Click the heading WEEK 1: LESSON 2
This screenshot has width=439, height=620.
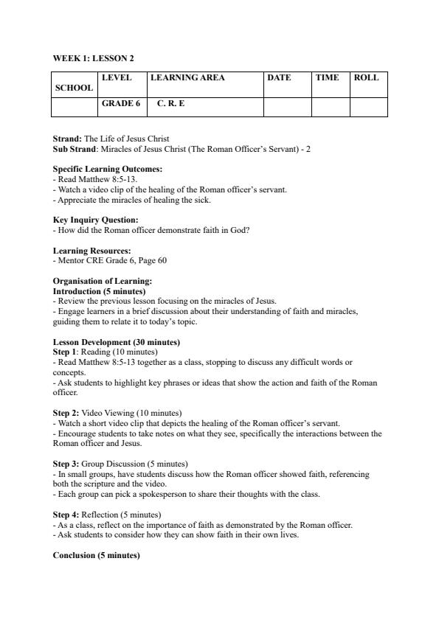pos(93,58)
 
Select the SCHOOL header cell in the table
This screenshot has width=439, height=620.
pos(74,88)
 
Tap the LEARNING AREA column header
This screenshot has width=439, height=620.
pos(187,78)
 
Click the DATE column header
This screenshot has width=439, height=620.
pos(279,78)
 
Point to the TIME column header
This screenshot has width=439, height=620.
pos(327,78)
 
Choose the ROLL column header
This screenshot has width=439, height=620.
pos(366,78)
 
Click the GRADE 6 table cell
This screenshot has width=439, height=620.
pos(121,104)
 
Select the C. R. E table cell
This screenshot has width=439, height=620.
pos(170,104)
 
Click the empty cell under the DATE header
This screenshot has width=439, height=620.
pos(287,108)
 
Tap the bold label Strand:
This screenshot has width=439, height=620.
pos(68,139)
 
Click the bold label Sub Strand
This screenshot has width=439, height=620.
pos(75,149)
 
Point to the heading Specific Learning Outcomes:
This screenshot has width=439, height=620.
pos(108,170)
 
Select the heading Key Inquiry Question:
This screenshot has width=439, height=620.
pos(95,220)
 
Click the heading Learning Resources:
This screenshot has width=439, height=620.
pos(92,251)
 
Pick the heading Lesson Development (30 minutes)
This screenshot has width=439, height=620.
pos(117,342)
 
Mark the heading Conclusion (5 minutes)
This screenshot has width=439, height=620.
pos(96,555)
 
